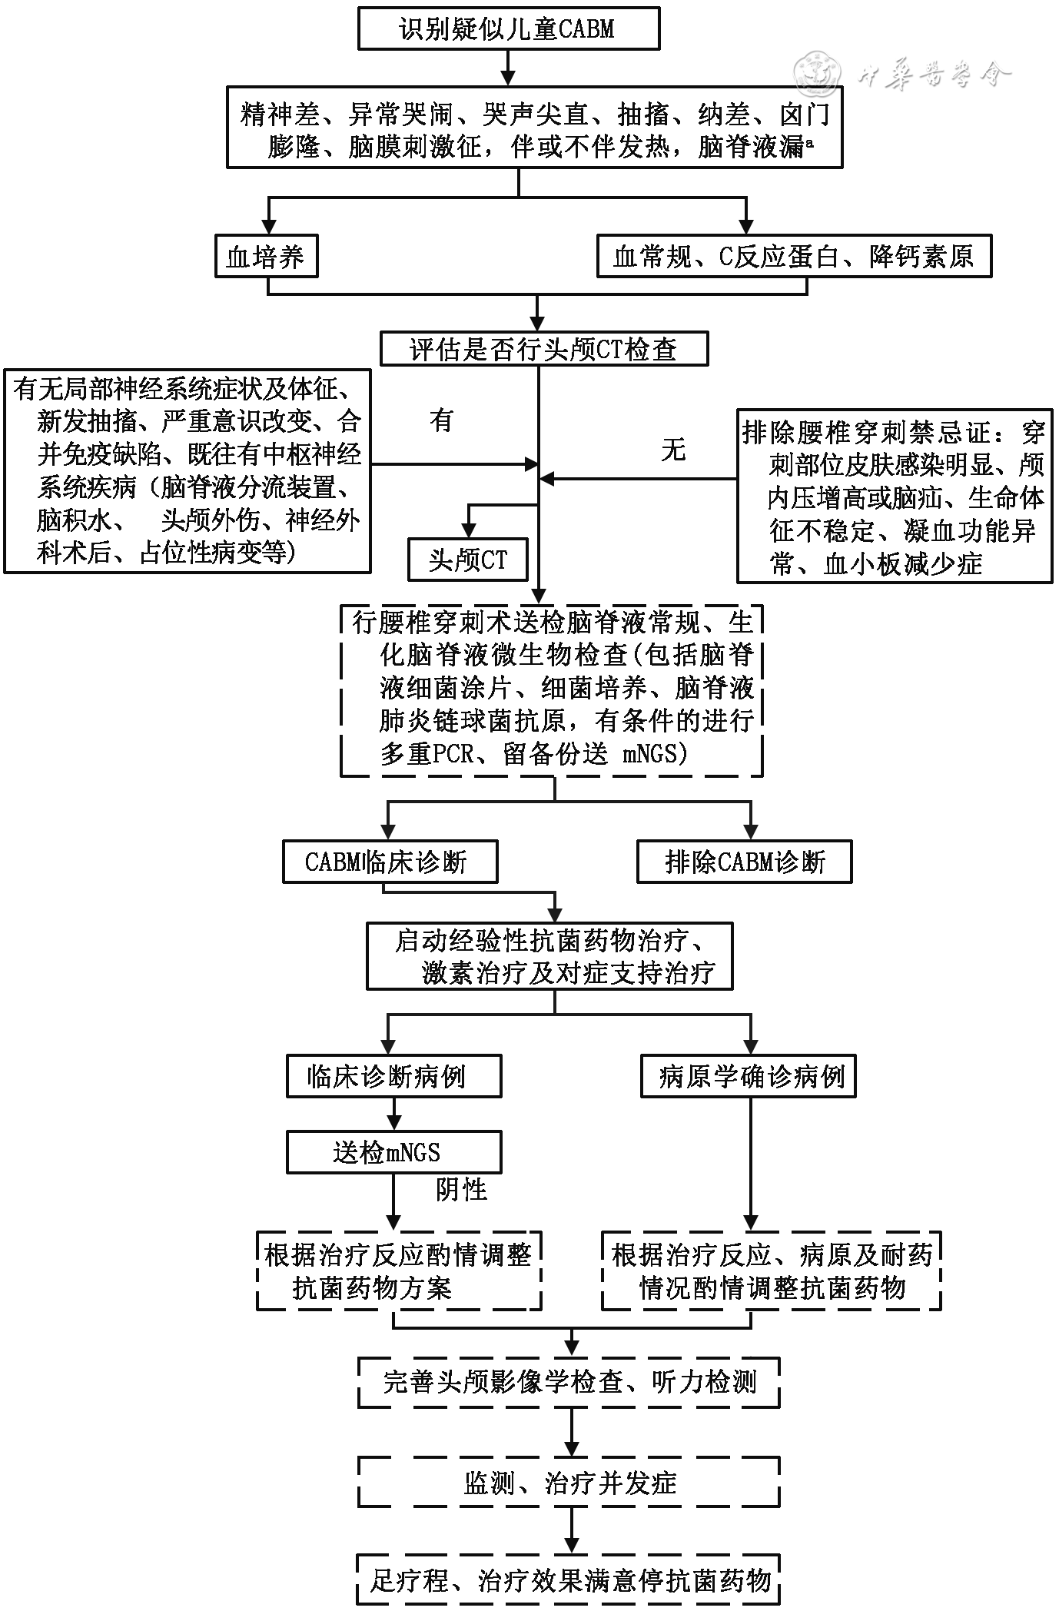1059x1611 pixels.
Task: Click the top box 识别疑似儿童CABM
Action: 508,29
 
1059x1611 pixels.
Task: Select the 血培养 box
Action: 266,257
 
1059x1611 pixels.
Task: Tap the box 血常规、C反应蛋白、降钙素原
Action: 794,257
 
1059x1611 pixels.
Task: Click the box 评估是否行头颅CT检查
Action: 543,350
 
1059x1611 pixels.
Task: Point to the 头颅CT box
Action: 468,560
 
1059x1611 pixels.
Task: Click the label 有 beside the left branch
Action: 441,420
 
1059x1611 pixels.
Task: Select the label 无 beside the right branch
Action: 672,450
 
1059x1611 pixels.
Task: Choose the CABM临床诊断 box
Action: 390,862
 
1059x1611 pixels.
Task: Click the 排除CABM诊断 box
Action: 744,862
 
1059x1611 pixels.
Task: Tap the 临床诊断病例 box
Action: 393,1076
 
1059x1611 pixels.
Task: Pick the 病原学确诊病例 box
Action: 749,1076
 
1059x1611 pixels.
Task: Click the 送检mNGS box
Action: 393,1152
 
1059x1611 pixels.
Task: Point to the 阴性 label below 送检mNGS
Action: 461,1190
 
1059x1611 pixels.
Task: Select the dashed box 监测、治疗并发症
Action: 569,1483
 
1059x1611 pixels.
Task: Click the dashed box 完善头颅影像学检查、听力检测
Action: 569,1383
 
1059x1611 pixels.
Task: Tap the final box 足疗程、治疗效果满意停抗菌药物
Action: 569,1579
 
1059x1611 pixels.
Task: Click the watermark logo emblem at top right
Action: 816,75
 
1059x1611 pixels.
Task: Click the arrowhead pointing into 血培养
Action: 268,228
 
